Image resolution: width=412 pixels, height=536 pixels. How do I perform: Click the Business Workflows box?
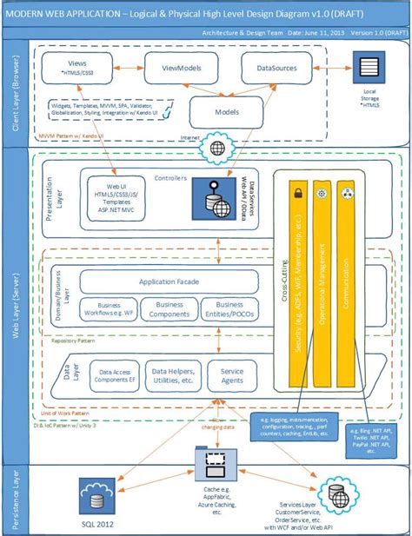tap(108, 310)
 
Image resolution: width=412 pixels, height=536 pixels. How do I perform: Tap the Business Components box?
tap(169, 310)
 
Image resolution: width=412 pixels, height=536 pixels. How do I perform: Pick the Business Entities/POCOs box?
tap(229, 310)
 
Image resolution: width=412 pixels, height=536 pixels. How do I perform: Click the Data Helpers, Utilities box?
tap(170, 374)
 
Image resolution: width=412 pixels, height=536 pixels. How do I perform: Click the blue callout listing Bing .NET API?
tap(372, 439)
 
